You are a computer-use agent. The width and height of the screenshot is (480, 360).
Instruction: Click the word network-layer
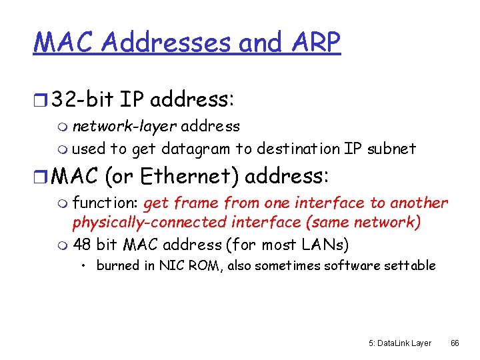pyautogui.click(x=125, y=125)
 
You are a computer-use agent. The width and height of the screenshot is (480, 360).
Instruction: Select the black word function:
pyautogui.click(x=105, y=203)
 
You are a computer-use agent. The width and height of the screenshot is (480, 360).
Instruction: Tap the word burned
pyautogui.click(x=117, y=265)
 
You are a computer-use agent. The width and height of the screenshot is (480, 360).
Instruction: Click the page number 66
pyautogui.click(x=455, y=343)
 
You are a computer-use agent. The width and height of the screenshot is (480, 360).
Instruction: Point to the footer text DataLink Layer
pyautogui.click(x=404, y=343)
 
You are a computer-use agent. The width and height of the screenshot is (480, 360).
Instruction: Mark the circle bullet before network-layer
pyautogui.click(x=63, y=127)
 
